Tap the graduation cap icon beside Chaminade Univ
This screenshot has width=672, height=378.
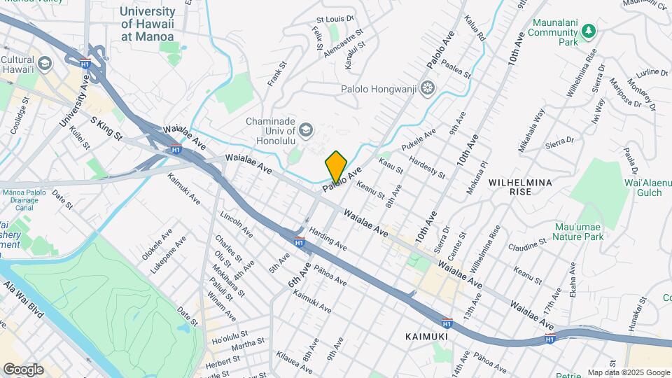point(306,129)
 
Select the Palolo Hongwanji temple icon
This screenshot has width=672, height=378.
point(427,89)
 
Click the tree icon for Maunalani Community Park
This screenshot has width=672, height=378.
point(589,31)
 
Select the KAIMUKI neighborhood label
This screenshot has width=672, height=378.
point(426,337)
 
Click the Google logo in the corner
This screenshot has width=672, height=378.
point(23,370)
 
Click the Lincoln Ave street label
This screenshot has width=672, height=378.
point(236,223)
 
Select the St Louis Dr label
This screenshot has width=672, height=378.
point(332,20)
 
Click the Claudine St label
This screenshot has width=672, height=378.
point(528,245)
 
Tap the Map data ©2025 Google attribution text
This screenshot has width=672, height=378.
point(628,372)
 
